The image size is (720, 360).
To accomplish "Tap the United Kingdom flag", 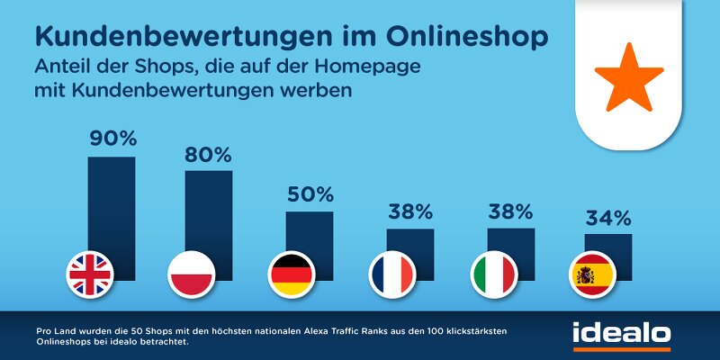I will tap(90, 273).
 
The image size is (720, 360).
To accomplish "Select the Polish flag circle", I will tap(191, 273).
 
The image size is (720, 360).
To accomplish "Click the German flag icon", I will tap(292, 273).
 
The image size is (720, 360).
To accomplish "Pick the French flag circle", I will tap(392, 273).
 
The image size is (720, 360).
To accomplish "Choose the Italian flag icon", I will tap(494, 273).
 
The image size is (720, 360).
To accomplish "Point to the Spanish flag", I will tap(594, 273).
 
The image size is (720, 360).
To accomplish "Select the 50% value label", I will tap(310, 193).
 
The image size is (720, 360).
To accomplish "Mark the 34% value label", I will tap(608, 218).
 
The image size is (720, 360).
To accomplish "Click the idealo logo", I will tap(621, 333).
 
